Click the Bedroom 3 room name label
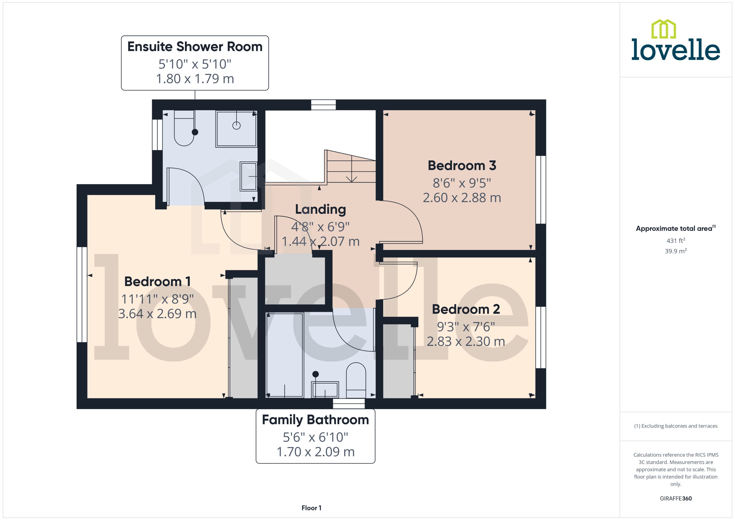click(462, 166)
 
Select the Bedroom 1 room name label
click(157, 282)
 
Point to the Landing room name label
click(320, 210)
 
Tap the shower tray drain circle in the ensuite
click(236, 126)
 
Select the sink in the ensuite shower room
click(248, 176)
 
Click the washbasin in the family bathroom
click(325, 390)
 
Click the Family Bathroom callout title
click(315, 420)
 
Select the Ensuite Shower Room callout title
click(195, 47)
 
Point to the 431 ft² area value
click(676, 240)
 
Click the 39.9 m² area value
click(676, 251)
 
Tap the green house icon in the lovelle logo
click(664, 29)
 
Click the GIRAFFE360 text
click(676, 499)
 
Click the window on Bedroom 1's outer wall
click(82, 295)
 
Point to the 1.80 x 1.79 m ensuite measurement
click(195, 79)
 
